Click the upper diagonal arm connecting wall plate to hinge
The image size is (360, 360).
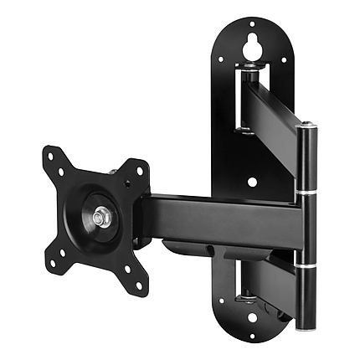point(276,113)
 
